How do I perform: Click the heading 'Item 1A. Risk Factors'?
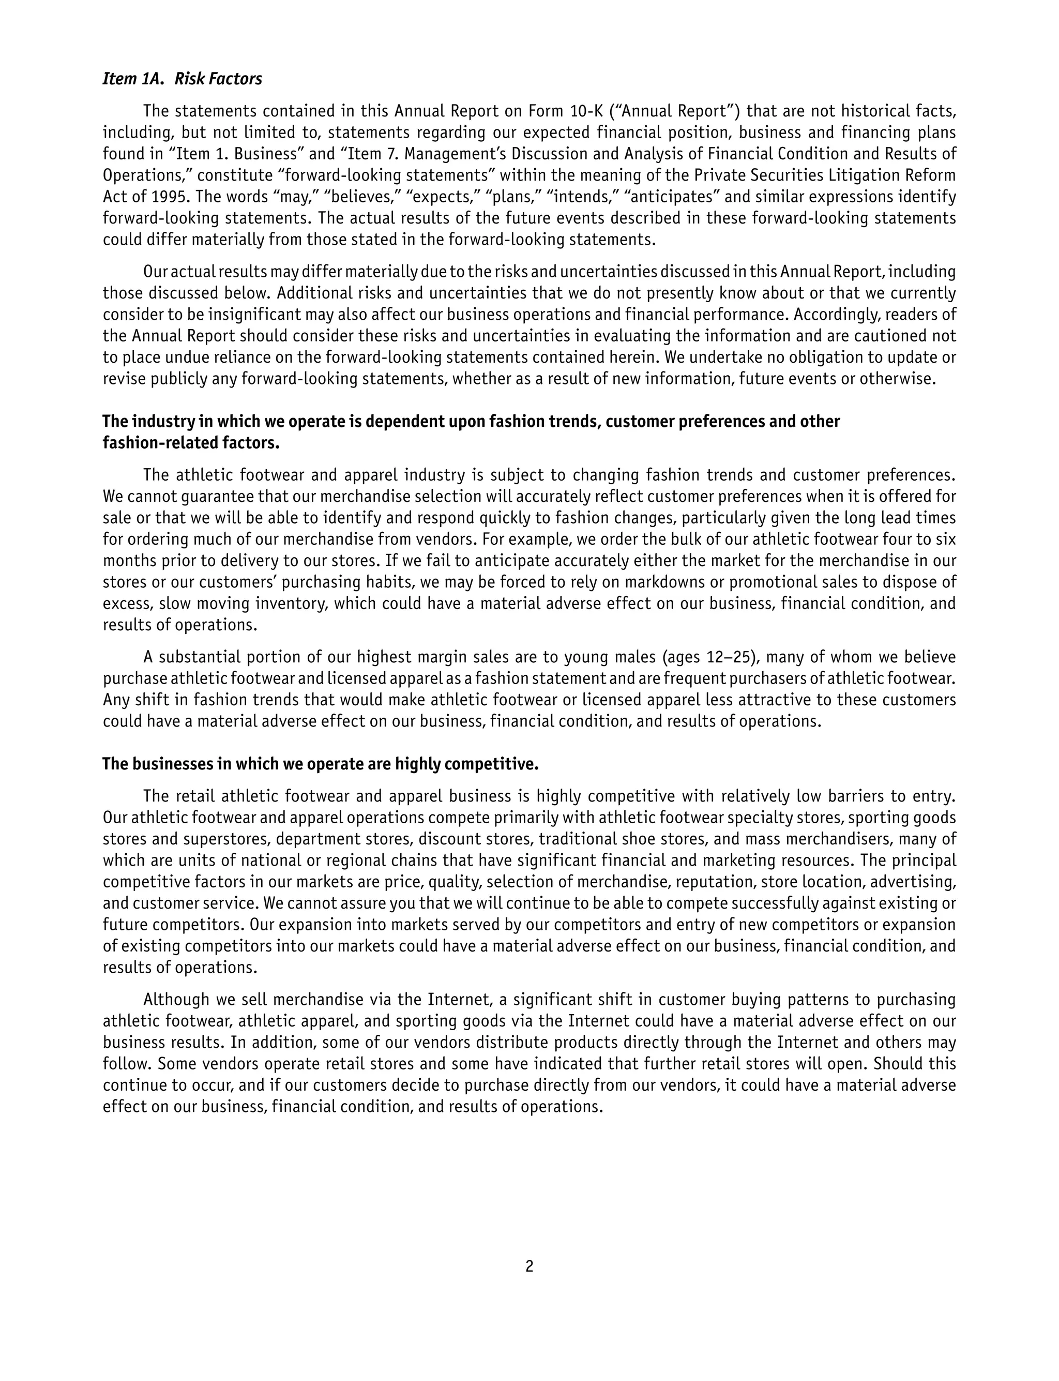point(182,79)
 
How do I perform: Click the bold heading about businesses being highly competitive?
point(320,764)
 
